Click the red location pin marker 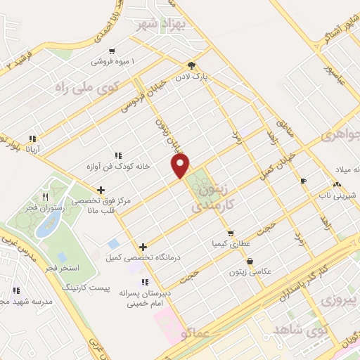(x=181, y=166)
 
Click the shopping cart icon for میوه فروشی (x=112, y=51)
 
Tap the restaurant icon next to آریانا (x=32, y=139)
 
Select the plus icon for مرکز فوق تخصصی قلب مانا (x=101, y=189)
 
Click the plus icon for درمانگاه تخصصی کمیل (x=143, y=247)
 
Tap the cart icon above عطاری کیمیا (x=230, y=233)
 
